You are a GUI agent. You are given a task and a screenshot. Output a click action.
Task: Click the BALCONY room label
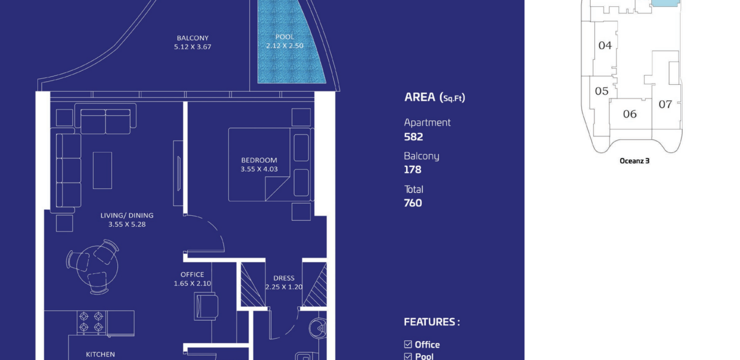coord(193,38)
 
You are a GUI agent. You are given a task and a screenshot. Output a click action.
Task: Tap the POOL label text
coord(285,37)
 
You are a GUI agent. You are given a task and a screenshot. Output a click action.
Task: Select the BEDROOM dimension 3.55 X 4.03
coord(259,169)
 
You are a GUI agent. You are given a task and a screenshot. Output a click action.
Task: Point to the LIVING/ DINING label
coord(127,215)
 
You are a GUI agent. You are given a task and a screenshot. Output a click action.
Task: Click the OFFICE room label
coord(192,274)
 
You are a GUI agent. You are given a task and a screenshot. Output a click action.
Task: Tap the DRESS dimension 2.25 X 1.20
coord(284,287)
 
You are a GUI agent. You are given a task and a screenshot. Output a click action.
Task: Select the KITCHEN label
coord(100,354)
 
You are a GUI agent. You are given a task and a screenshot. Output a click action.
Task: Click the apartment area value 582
coord(413,137)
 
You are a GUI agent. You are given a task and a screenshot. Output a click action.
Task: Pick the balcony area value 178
coord(413,170)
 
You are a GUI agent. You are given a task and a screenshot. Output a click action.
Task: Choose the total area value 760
coord(413,203)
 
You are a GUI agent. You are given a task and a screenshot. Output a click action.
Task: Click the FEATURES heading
coord(432,322)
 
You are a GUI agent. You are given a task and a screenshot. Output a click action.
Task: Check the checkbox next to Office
coord(408,344)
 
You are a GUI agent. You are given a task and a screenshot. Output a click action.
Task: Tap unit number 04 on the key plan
coord(605,45)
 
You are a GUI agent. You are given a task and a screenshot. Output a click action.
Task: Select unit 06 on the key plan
coord(630,114)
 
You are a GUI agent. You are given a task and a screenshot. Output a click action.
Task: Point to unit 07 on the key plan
coord(665,104)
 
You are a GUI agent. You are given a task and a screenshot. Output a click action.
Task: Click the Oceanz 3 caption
coord(634,161)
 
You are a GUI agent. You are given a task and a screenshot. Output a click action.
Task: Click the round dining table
coord(97,267)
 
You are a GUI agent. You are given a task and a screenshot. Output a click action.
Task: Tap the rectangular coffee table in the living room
coord(102,170)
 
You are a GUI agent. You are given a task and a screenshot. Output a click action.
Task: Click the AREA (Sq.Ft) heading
coord(435,97)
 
